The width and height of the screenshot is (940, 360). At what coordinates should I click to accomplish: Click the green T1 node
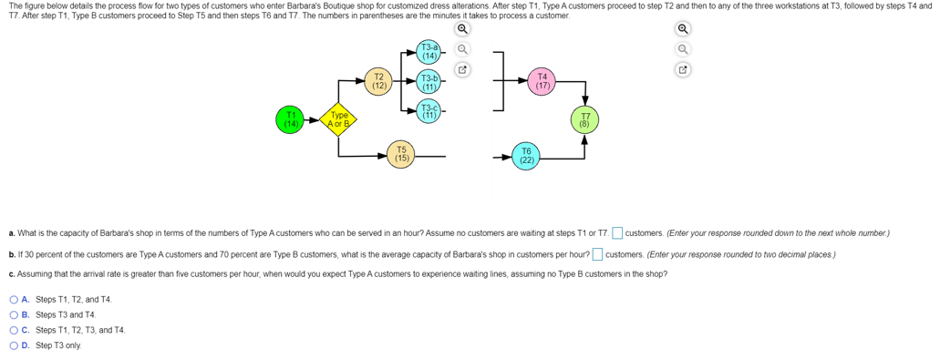coord(291,119)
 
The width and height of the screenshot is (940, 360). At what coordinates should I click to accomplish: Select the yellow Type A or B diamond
coord(339,119)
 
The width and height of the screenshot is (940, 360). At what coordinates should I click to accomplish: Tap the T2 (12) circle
coord(379,81)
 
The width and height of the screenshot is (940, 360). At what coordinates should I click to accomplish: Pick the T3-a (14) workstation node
coord(429,52)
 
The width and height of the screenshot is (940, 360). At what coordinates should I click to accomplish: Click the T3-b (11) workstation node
coord(429,82)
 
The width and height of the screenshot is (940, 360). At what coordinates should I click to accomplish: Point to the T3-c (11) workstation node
coord(429,111)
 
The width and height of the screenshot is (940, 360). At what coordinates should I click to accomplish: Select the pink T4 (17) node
coord(543,81)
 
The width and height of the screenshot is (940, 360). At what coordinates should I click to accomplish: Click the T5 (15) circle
coord(401,155)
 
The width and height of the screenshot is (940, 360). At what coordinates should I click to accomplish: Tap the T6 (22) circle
coord(526,157)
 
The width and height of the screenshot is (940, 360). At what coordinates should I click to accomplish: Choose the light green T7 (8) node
coord(584,119)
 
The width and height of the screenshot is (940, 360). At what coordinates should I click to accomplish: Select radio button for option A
coord(14,299)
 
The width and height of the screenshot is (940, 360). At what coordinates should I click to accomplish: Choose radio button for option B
coord(14,314)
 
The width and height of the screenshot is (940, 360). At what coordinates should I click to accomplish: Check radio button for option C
coord(14,330)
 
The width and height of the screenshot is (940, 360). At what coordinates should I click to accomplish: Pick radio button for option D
coord(14,345)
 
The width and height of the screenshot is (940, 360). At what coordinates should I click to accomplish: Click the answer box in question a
coord(617,233)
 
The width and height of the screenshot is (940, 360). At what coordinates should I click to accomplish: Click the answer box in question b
coord(597,253)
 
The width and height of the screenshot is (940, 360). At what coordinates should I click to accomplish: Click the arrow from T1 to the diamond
coord(312,119)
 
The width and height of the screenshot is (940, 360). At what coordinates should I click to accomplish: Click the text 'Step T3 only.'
coord(58,345)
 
